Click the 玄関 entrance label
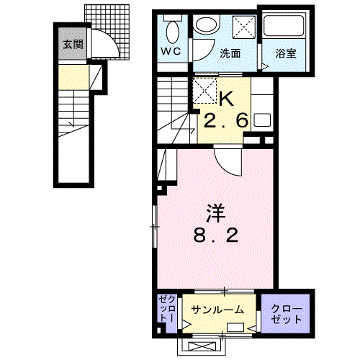pyautogui.click(x=72, y=45)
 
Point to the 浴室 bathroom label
pyautogui.click(x=286, y=53)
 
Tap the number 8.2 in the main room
pyautogui.click(x=216, y=235)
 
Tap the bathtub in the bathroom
pyautogui.click(x=287, y=27)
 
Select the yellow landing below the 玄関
pyautogui.click(x=75, y=76)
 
